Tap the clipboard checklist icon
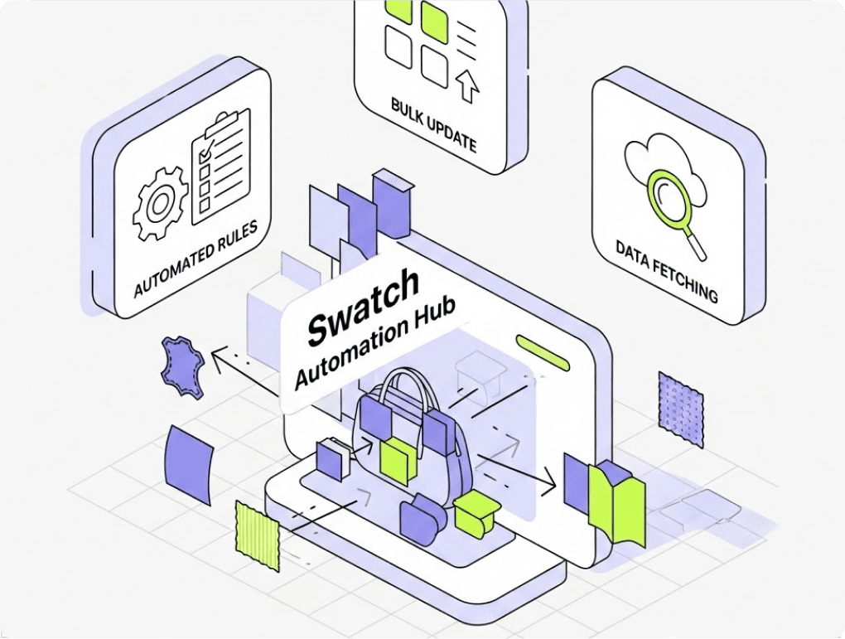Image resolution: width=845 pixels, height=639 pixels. (x=220, y=169)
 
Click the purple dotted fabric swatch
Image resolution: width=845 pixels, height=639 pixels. (x=680, y=407)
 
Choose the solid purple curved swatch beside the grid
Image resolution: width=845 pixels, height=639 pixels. (x=190, y=464)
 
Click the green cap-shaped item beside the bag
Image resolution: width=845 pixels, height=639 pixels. (x=474, y=513)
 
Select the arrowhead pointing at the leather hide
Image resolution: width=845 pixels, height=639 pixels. (x=218, y=359)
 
